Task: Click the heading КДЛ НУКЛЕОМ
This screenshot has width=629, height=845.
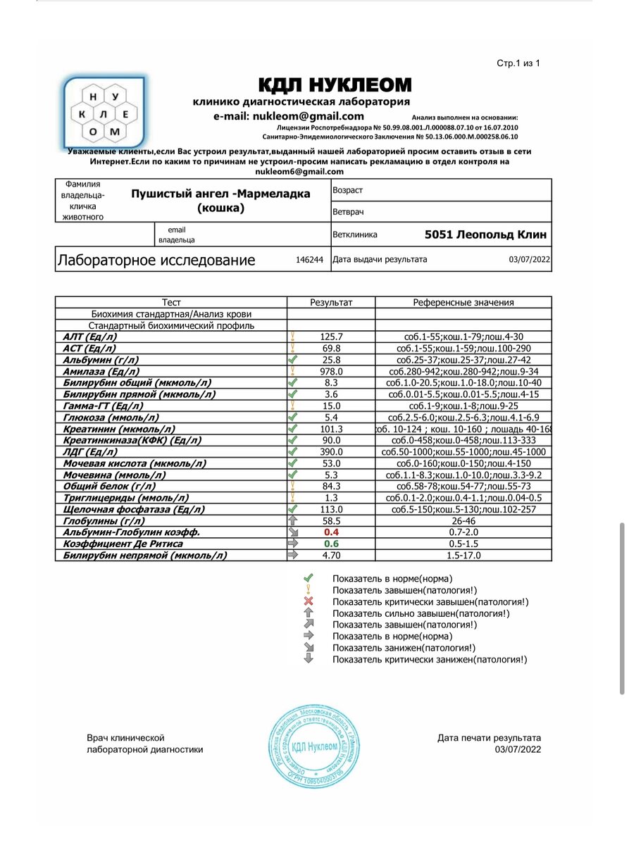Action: (335, 86)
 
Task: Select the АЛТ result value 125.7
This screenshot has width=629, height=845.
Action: (330, 337)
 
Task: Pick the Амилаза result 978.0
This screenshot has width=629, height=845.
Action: (330, 371)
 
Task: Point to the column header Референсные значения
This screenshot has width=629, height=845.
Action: (463, 303)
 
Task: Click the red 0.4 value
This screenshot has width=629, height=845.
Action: (331, 532)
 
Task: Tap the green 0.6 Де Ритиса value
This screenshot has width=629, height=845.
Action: (331, 544)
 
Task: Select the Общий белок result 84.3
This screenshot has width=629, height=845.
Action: (330, 486)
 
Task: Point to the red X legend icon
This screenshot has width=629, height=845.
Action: (308, 601)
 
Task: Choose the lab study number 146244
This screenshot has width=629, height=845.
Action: (309, 260)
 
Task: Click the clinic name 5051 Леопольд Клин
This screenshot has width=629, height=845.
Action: (485, 234)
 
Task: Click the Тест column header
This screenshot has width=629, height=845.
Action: (171, 303)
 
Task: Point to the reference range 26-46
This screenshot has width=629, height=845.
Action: (463, 520)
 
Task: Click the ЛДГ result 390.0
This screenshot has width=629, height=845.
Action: (330, 451)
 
